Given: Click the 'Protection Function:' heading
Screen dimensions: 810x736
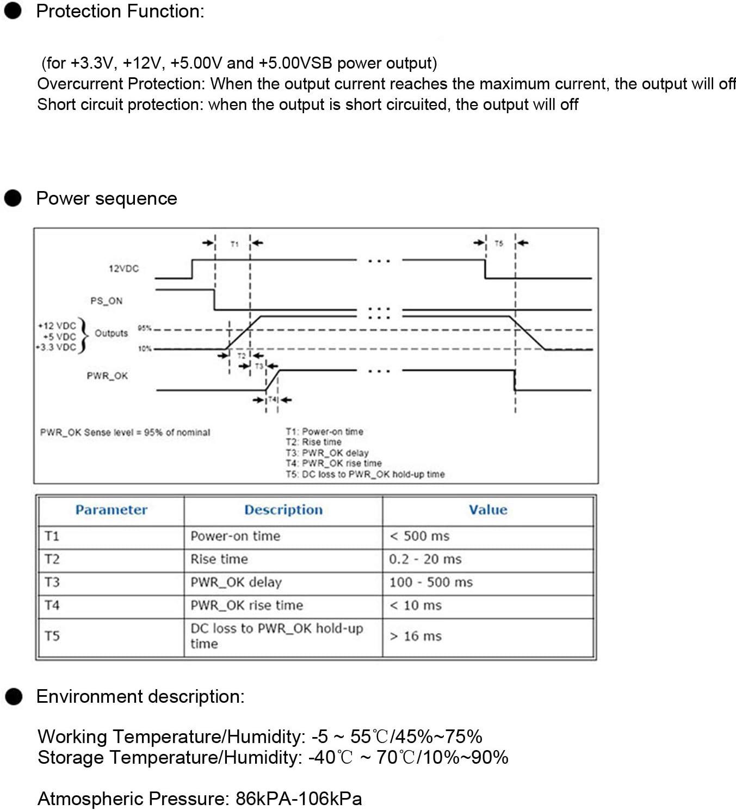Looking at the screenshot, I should tap(120, 11).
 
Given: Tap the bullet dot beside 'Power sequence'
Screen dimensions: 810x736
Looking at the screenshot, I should tap(13, 198).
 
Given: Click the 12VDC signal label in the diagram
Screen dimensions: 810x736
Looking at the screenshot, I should tap(123, 269).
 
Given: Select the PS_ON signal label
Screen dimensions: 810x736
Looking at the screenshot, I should tap(107, 301).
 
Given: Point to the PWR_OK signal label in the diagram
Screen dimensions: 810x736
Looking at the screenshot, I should tap(107, 376).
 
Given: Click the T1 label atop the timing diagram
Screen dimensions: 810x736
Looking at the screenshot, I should tap(234, 244).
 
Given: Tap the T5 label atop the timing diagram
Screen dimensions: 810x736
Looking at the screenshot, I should tap(499, 244).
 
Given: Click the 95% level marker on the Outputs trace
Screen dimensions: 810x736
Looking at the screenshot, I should tap(144, 328).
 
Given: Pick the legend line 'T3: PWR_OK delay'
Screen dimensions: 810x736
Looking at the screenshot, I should tap(327, 453).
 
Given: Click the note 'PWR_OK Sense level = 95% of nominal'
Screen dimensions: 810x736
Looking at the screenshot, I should tap(125, 433).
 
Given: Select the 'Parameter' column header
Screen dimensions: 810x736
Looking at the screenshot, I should tap(111, 510).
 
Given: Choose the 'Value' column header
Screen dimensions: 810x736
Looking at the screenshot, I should tap(488, 510).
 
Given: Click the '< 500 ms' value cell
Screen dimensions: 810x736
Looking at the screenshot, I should tap(419, 536).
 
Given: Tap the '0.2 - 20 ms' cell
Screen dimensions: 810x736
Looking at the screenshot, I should tap(425, 559).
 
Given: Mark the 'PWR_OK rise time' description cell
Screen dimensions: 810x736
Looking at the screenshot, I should tap(246, 605).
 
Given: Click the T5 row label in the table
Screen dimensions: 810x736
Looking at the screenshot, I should tap(52, 636).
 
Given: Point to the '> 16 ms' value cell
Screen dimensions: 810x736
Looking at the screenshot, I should tap(416, 636).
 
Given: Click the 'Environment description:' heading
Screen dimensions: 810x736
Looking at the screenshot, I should tap(140, 697).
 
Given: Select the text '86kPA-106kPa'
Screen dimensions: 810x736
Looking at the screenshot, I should tap(299, 799).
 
